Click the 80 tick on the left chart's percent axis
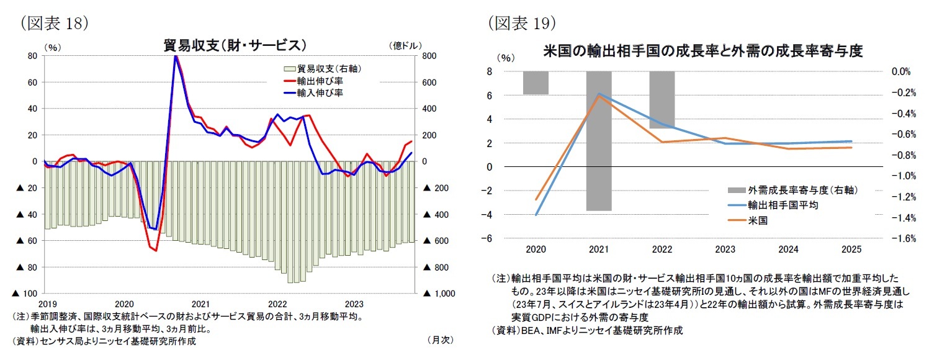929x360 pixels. pos(31,56)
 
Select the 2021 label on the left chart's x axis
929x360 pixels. pos(200,304)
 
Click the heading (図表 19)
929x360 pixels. pos(521,23)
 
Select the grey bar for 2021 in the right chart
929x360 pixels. pos(599,141)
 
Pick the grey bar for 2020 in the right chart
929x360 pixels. pos(535,83)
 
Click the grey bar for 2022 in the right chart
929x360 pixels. pos(662,100)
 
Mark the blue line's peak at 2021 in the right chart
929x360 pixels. pos(599,94)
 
